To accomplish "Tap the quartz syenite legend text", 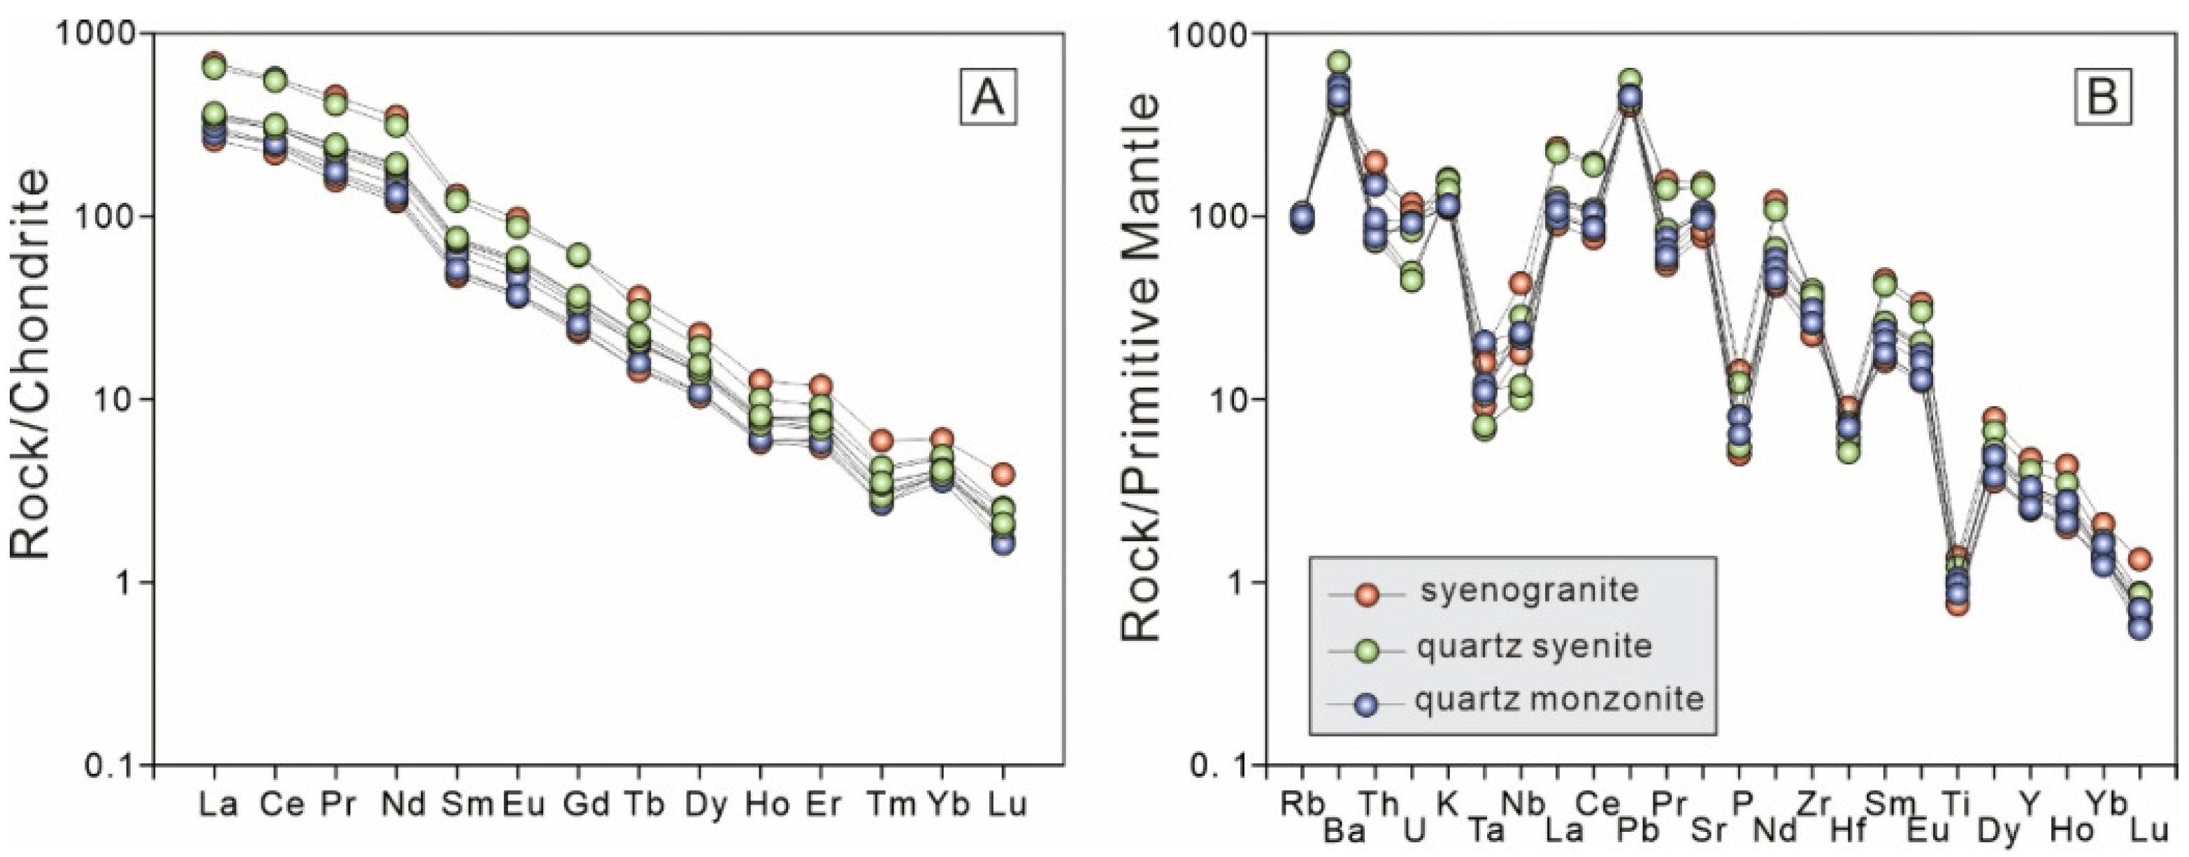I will point(1534,647).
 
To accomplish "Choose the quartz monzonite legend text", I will point(1559,699).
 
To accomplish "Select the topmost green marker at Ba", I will point(1340,62).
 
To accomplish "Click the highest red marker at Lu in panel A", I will point(1003,473).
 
